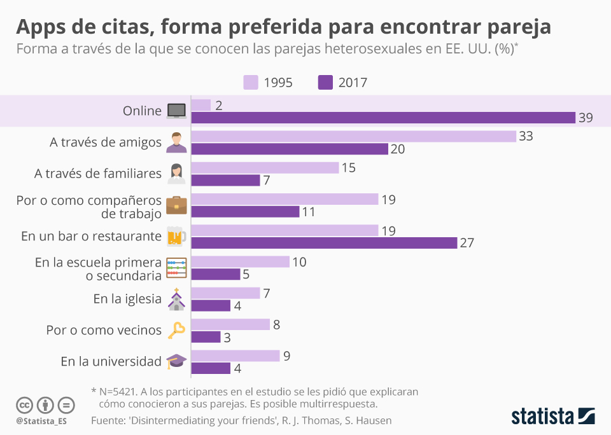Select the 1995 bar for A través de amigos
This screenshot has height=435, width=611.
pos(353,136)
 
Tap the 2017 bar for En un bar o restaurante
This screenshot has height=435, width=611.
pos(324,242)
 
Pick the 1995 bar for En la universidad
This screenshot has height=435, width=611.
pos(235,356)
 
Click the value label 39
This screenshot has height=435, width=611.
pos(586,118)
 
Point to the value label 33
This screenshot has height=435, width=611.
pos(526,136)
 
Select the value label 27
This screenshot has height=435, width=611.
pos(467,242)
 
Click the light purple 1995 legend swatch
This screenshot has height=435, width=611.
pos(251,83)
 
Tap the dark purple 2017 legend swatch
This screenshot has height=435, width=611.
pos(326,83)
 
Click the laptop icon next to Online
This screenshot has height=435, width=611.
pos(176,111)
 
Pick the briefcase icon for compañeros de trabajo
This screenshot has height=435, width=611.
pos(176,205)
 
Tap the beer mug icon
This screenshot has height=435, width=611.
pos(176,237)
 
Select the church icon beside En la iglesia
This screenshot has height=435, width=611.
pos(176,299)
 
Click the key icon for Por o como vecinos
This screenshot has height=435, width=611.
pos(176,330)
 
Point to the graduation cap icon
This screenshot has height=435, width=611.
pos(176,361)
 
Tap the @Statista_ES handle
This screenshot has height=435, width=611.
pos(41,421)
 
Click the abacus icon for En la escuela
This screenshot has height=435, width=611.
pos(176,267)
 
